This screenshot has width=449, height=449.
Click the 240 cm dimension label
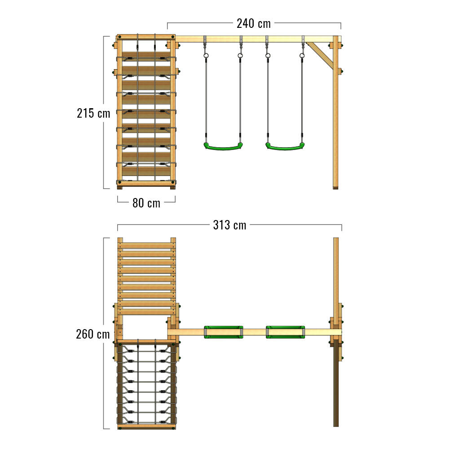pos(253,23)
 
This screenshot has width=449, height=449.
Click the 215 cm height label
pos(93,113)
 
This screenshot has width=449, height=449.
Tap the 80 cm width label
pos(146,203)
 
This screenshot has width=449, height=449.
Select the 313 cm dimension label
pos(229,225)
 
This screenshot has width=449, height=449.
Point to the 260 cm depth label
pos(93,334)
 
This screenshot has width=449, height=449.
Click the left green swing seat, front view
pos(223,147)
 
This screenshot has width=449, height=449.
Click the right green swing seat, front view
pos(285,147)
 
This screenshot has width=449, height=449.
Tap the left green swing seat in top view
pos(224,332)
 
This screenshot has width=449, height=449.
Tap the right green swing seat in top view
pos(286,332)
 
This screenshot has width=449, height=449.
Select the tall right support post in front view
pos(335,112)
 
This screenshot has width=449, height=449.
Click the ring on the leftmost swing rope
pos(206,56)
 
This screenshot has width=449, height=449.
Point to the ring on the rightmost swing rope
pos(302,56)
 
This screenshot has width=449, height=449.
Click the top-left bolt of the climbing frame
pos(119,37)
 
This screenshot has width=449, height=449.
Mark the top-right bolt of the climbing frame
pos(173,37)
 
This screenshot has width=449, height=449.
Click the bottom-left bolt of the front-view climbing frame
pos(119,183)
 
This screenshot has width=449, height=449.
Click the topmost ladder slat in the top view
pos(147,246)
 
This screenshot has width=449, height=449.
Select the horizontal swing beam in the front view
pos(258,39)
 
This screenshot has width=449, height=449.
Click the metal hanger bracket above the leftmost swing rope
pos(205,39)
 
